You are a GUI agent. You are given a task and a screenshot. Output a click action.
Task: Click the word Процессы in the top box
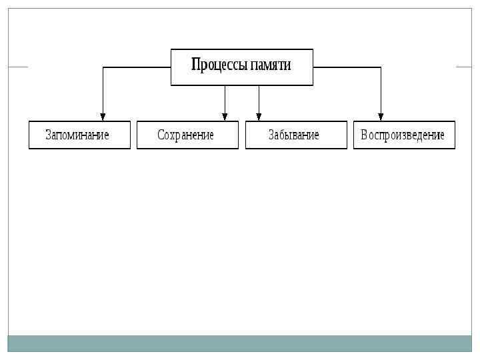coord(219,65)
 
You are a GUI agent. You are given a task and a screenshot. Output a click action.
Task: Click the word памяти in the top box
coord(271,65)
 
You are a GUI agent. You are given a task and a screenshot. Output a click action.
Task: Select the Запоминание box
coord(79,135)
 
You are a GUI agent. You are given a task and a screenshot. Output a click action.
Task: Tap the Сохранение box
coord(187,135)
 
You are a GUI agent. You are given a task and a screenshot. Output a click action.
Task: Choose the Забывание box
coord(296,135)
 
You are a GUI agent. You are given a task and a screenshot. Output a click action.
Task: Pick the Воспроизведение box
coord(404,135)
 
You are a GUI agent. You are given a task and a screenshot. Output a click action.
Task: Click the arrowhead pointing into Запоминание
coord(103,117)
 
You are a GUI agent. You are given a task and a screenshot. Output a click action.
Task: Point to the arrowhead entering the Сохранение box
coord(225,117)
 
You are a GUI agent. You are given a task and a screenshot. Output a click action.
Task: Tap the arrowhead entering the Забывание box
coord(259,117)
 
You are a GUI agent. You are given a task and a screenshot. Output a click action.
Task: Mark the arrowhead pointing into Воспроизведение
coord(381,117)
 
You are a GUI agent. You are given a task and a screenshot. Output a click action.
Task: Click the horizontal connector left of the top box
coord(137,67)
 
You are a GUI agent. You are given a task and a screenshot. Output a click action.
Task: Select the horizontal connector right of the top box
coord(347,67)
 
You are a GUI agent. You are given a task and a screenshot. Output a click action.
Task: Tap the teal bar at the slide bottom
coord(240,343)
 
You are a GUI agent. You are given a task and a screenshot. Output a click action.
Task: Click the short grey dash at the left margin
coord(18,67)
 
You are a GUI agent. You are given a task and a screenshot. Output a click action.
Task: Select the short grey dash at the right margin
coord(463,67)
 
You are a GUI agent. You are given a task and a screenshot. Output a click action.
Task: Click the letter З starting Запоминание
coord(49,135)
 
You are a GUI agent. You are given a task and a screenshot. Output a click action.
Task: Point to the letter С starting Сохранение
coord(161,135)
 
